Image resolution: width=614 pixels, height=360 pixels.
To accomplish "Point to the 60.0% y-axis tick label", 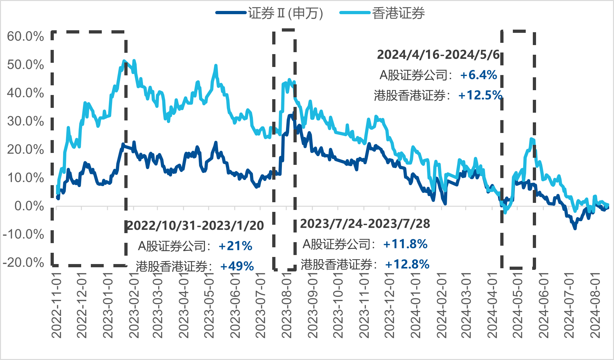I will click(x=25, y=36).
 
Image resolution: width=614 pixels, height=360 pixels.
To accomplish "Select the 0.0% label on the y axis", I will click(x=29, y=206).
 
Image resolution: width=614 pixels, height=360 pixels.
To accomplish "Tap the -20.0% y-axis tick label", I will click(x=24, y=262).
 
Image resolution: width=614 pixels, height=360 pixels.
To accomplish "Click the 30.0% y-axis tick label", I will click(x=25, y=121).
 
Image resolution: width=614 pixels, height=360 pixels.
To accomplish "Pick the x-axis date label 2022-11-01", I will click(x=57, y=305).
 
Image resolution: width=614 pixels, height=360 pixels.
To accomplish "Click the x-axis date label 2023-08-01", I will click(x=286, y=305).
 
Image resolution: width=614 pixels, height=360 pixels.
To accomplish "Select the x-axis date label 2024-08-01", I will click(x=595, y=305).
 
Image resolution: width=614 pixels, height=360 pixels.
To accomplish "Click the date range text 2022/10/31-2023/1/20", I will click(x=195, y=226).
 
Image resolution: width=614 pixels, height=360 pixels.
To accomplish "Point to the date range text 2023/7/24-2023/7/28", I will click(x=365, y=223).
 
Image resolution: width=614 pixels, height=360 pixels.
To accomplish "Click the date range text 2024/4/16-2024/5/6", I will click(x=438, y=54).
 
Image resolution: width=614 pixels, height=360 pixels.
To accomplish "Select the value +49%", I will click(x=237, y=266).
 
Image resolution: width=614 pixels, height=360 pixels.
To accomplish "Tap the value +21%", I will click(x=235, y=246).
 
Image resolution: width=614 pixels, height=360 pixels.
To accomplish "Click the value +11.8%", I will click(x=405, y=244).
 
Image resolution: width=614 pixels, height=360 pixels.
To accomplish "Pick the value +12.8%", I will click(x=407, y=264).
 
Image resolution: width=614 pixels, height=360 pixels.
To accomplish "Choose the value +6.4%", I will click(x=479, y=75).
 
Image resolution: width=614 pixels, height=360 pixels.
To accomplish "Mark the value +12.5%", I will click(x=480, y=95).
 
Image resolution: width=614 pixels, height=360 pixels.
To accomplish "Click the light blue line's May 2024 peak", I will click(x=531, y=139).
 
